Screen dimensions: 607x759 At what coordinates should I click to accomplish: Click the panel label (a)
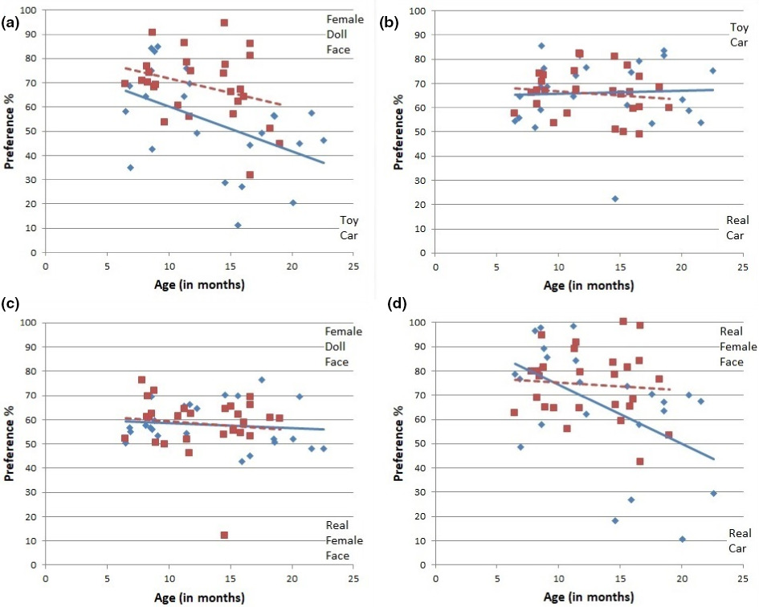pos(11,23)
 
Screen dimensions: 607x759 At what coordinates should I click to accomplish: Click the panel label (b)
pos(389,23)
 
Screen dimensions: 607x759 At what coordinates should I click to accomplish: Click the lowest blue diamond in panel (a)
pos(238,225)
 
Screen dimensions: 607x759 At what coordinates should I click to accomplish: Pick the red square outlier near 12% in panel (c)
pos(224,535)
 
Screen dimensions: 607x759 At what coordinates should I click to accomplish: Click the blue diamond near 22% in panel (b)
pos(615,198)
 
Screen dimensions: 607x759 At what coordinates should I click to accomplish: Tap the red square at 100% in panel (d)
pos(622,322)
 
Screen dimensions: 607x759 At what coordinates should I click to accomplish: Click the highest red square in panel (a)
pos(224,22)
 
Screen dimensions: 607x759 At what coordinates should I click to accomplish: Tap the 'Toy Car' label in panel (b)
pos(739,35)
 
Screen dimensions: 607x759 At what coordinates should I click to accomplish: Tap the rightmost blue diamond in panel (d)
pos(713,493)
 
